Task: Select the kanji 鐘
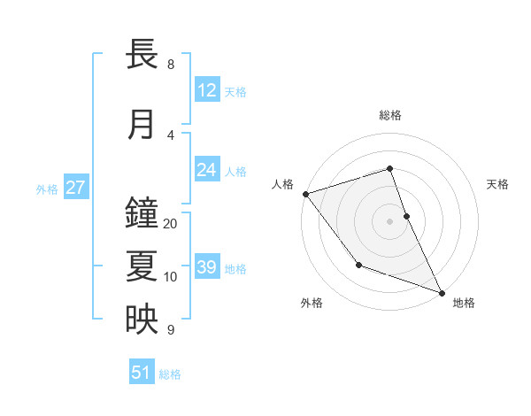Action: pos(142,213)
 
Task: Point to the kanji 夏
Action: pos(142,266)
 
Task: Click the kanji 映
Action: pos(142,320)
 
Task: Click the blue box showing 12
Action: pos(207,90)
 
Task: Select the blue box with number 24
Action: pos(207,170)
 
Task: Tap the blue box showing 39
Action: pos(207,267)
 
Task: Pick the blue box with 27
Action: pos(76,188)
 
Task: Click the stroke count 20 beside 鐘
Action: pos(171,224)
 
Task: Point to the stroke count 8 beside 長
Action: pos(170,65)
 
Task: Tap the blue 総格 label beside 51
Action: pos(170,374)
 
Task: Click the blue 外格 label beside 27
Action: pos(47,189)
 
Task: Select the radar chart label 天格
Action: pos(497,184)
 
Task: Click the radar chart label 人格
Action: pos(282,184)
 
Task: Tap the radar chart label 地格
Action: pos(464,303)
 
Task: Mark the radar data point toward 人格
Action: pos(305,194)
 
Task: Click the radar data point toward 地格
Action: pos(442,292)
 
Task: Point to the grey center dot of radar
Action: pos(389,221)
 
